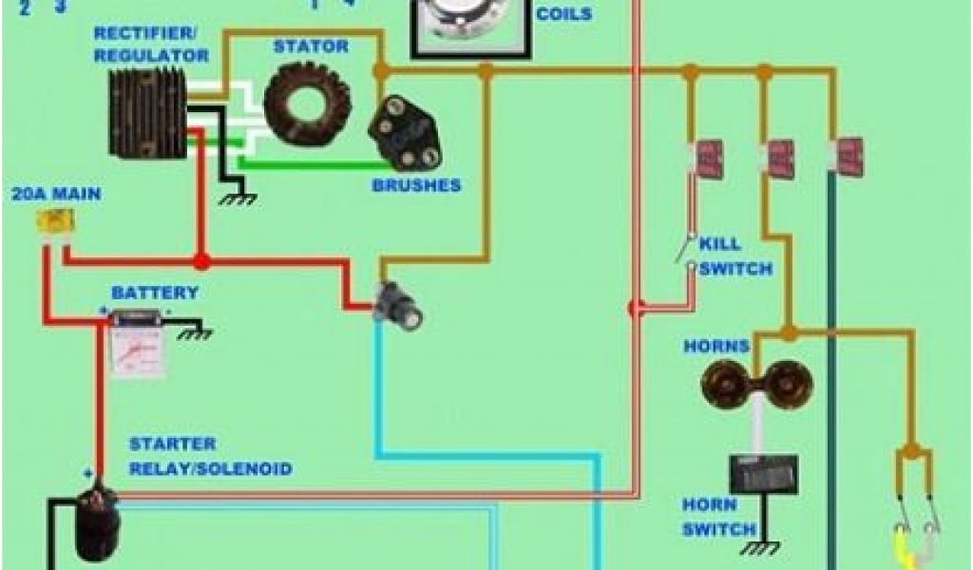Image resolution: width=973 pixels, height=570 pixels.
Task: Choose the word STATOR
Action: point(311,46)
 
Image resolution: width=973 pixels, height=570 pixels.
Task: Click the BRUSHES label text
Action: point(416,185)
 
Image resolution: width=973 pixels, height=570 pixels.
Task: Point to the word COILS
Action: point(563,14)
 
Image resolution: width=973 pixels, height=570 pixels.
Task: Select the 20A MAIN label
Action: point(56,194)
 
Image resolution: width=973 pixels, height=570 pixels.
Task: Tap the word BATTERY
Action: point(155,293)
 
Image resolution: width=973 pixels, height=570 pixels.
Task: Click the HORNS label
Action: point(716,346)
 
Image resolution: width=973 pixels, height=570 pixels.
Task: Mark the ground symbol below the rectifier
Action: point(238,199)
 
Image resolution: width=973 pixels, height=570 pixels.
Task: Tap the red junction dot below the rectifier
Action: point(200,260)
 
